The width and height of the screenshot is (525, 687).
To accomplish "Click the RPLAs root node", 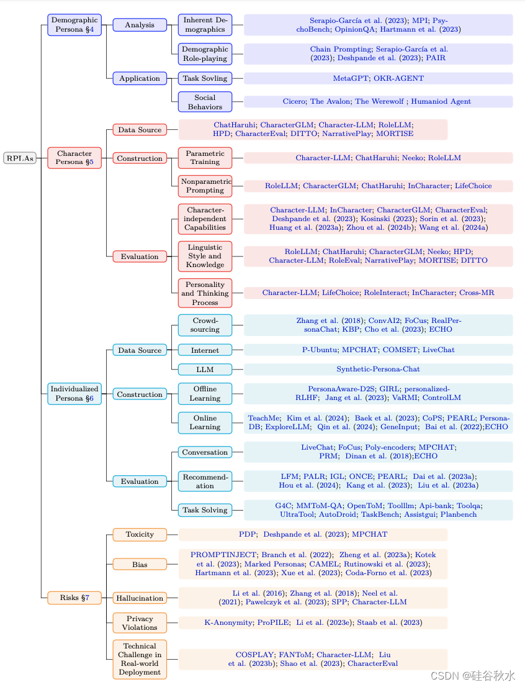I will [20, 158].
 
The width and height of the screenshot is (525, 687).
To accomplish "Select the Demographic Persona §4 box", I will [74, 25].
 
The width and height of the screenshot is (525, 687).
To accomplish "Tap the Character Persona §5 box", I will [74, 158].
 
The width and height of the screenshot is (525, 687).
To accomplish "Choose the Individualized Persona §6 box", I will [74, 394].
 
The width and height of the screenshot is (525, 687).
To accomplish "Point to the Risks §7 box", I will [74, 598].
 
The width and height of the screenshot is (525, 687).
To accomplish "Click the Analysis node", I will [140, 25].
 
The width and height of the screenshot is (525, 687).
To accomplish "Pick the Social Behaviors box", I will [205, 102].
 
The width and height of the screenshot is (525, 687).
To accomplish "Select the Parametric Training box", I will [205, 158].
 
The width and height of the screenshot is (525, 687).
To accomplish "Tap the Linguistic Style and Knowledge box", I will [205, 256].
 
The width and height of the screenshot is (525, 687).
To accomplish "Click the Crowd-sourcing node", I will [205, 325].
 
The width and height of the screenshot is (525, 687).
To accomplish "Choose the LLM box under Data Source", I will [205, 370].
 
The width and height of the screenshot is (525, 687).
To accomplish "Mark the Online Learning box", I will [205, 422].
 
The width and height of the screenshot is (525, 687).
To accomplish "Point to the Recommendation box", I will [205, 481].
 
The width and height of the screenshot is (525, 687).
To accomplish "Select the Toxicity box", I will [140, 535].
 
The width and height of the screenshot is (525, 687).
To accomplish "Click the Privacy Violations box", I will [140, 623].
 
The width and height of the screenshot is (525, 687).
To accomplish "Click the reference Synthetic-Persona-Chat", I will [378, 370].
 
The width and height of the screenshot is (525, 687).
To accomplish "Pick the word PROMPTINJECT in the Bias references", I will [223, 555].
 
